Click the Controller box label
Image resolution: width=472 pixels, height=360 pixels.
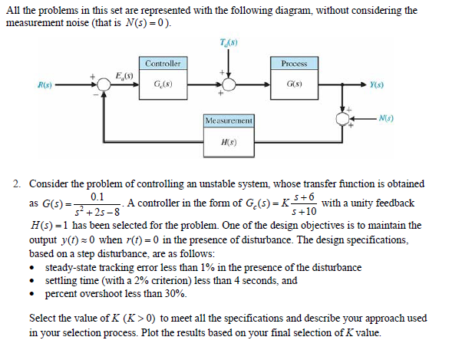coord(163,63)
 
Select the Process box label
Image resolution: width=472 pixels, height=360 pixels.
coord(295,63)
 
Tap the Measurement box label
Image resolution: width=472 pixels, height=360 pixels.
coord(229,121)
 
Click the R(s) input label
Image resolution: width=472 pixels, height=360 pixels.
coord(33,83)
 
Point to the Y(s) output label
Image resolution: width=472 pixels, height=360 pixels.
coord(377,83)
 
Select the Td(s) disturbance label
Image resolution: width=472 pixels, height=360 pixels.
coord(228,41)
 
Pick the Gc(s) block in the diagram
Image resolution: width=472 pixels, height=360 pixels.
coord(163,82)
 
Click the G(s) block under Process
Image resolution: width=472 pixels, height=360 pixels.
coord(294,82)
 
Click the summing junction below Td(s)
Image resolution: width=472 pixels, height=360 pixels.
coord(228,82)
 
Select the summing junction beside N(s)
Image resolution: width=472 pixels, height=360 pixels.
coord(342,117)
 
